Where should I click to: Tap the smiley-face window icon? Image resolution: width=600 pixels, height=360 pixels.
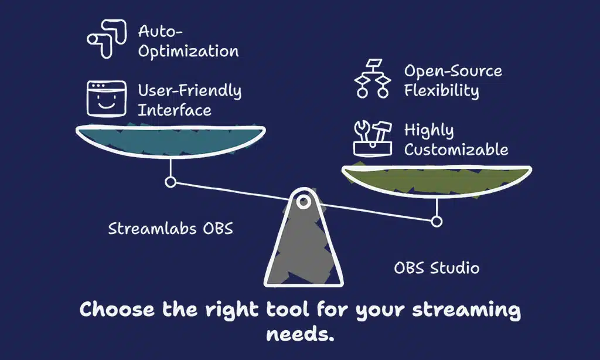click(x=107, y=99)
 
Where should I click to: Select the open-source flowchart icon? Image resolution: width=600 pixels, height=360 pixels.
click(x=372, y=79)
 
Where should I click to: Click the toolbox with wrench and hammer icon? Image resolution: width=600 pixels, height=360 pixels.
click(x=372, y=138)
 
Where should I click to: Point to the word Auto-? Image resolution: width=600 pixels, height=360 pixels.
click(x=161, y=32)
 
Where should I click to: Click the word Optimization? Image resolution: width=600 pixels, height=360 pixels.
click(x=188, y=52)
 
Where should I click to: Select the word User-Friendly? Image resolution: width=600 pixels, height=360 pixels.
click(x=190, y=91)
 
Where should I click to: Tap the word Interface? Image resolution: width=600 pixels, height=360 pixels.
click(x=175, y=110)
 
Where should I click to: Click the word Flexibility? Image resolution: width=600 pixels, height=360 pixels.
click(x=442, y=91)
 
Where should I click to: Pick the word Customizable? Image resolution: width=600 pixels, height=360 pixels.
click(x=456, y=150)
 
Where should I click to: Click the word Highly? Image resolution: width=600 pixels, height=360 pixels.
click(x=429, y=131)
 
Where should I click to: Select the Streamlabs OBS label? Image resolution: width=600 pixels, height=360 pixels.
click(x=171, y=229)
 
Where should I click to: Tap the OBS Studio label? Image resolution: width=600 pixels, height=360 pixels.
click(x=437, y=268)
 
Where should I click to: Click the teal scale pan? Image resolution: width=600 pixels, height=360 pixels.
click(x=171, y=141)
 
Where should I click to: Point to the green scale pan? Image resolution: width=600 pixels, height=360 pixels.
click(x=437, y=179)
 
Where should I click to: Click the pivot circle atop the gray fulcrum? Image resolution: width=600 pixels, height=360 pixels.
click(x=304, y=202)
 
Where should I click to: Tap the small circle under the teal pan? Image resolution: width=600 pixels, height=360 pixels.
click(x=171, y=182)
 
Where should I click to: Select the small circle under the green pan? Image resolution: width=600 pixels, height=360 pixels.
click(x=437, y=222)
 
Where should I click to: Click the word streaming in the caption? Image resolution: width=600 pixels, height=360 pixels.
click(x=466, y=310)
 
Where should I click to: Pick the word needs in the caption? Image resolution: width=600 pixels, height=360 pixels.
click(x=300, y=334)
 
